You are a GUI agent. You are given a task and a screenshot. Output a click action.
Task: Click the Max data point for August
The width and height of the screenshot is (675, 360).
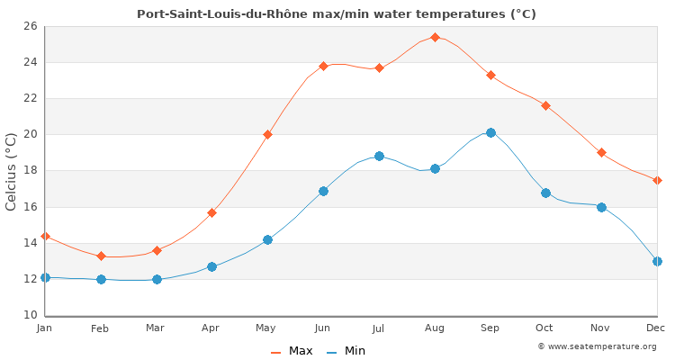(x=435, y=37)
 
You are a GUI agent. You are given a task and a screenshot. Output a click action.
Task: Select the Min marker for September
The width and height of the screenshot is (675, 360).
(x=490, y=132)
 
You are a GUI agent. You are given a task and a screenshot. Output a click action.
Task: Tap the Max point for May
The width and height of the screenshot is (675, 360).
(x=267, y=134)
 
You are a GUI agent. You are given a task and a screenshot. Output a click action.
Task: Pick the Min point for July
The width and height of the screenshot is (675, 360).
(x=379, y=156)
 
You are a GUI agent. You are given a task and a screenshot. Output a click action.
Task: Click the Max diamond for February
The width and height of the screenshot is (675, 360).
(x=101, y=256)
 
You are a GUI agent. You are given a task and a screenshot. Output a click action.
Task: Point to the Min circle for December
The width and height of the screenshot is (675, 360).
(x=657, y=261)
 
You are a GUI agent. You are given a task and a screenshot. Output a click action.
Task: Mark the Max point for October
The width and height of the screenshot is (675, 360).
(x=545, y=105)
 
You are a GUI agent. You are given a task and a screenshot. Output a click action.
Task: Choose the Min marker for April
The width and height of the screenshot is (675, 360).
(x=211, y=266)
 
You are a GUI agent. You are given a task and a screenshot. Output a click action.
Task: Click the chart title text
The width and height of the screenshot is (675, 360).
(x=337, y=14)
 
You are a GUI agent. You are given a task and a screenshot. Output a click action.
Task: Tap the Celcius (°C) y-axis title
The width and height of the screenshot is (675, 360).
(x=11, y=171)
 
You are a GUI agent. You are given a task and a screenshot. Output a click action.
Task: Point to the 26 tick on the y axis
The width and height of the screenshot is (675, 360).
(x=30, y=26)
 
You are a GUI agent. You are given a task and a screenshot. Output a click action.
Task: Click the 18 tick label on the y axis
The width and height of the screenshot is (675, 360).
(x=30, y=170)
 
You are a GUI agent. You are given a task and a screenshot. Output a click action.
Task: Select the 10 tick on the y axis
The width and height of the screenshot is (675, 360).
(x=30, y=315)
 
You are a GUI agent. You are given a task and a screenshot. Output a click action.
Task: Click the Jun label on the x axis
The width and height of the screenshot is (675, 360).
(x=322, y=328)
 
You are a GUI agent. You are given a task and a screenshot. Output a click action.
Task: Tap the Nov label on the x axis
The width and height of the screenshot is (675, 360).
(x=600, y=328)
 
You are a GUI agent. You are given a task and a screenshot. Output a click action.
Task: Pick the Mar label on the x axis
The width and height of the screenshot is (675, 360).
(x=156, y=328)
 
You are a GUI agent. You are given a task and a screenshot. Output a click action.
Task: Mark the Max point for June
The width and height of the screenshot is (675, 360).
(x=323, y=66)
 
